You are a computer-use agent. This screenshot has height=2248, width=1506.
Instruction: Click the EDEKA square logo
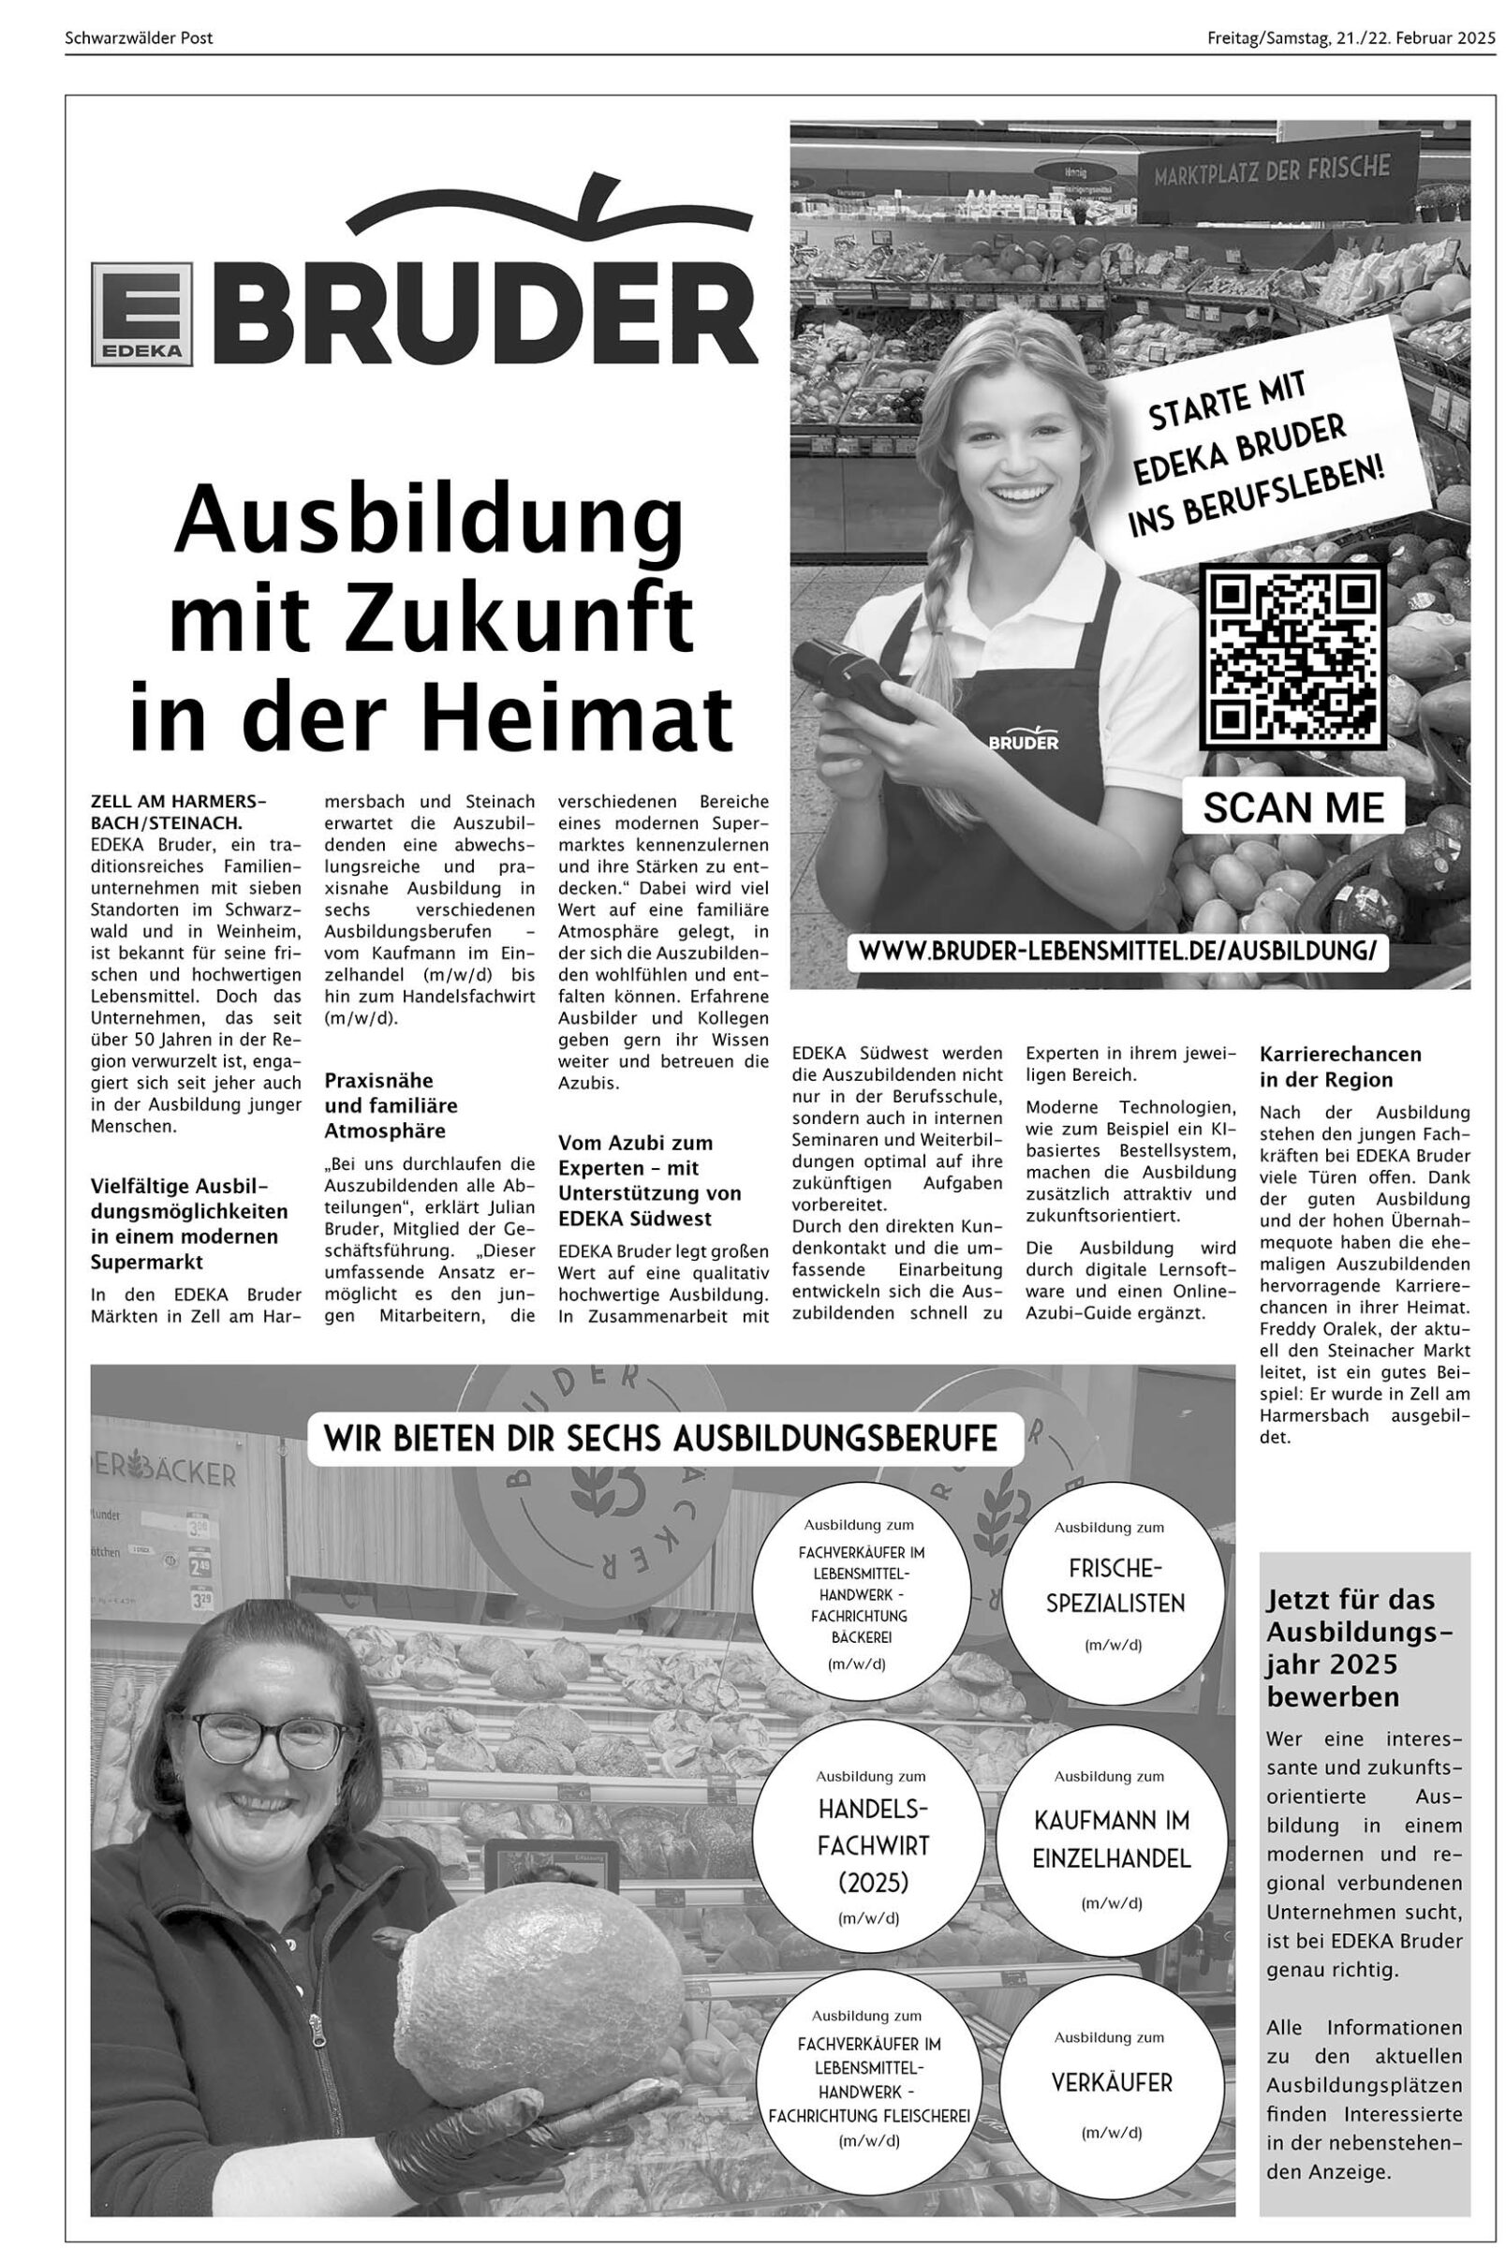[x=142, y=313]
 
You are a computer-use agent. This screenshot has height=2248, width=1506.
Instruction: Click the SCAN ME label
[x=1292, y=807]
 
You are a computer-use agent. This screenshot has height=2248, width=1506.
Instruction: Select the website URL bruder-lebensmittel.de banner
[x=1117, y=951]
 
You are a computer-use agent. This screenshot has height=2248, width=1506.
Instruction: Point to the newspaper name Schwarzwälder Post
[x=140, y=38]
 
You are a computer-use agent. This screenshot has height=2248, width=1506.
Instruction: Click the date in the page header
[x=1351, y=38]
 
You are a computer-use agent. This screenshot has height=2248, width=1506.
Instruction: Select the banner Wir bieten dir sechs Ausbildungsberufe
[x=661, y=1438]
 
